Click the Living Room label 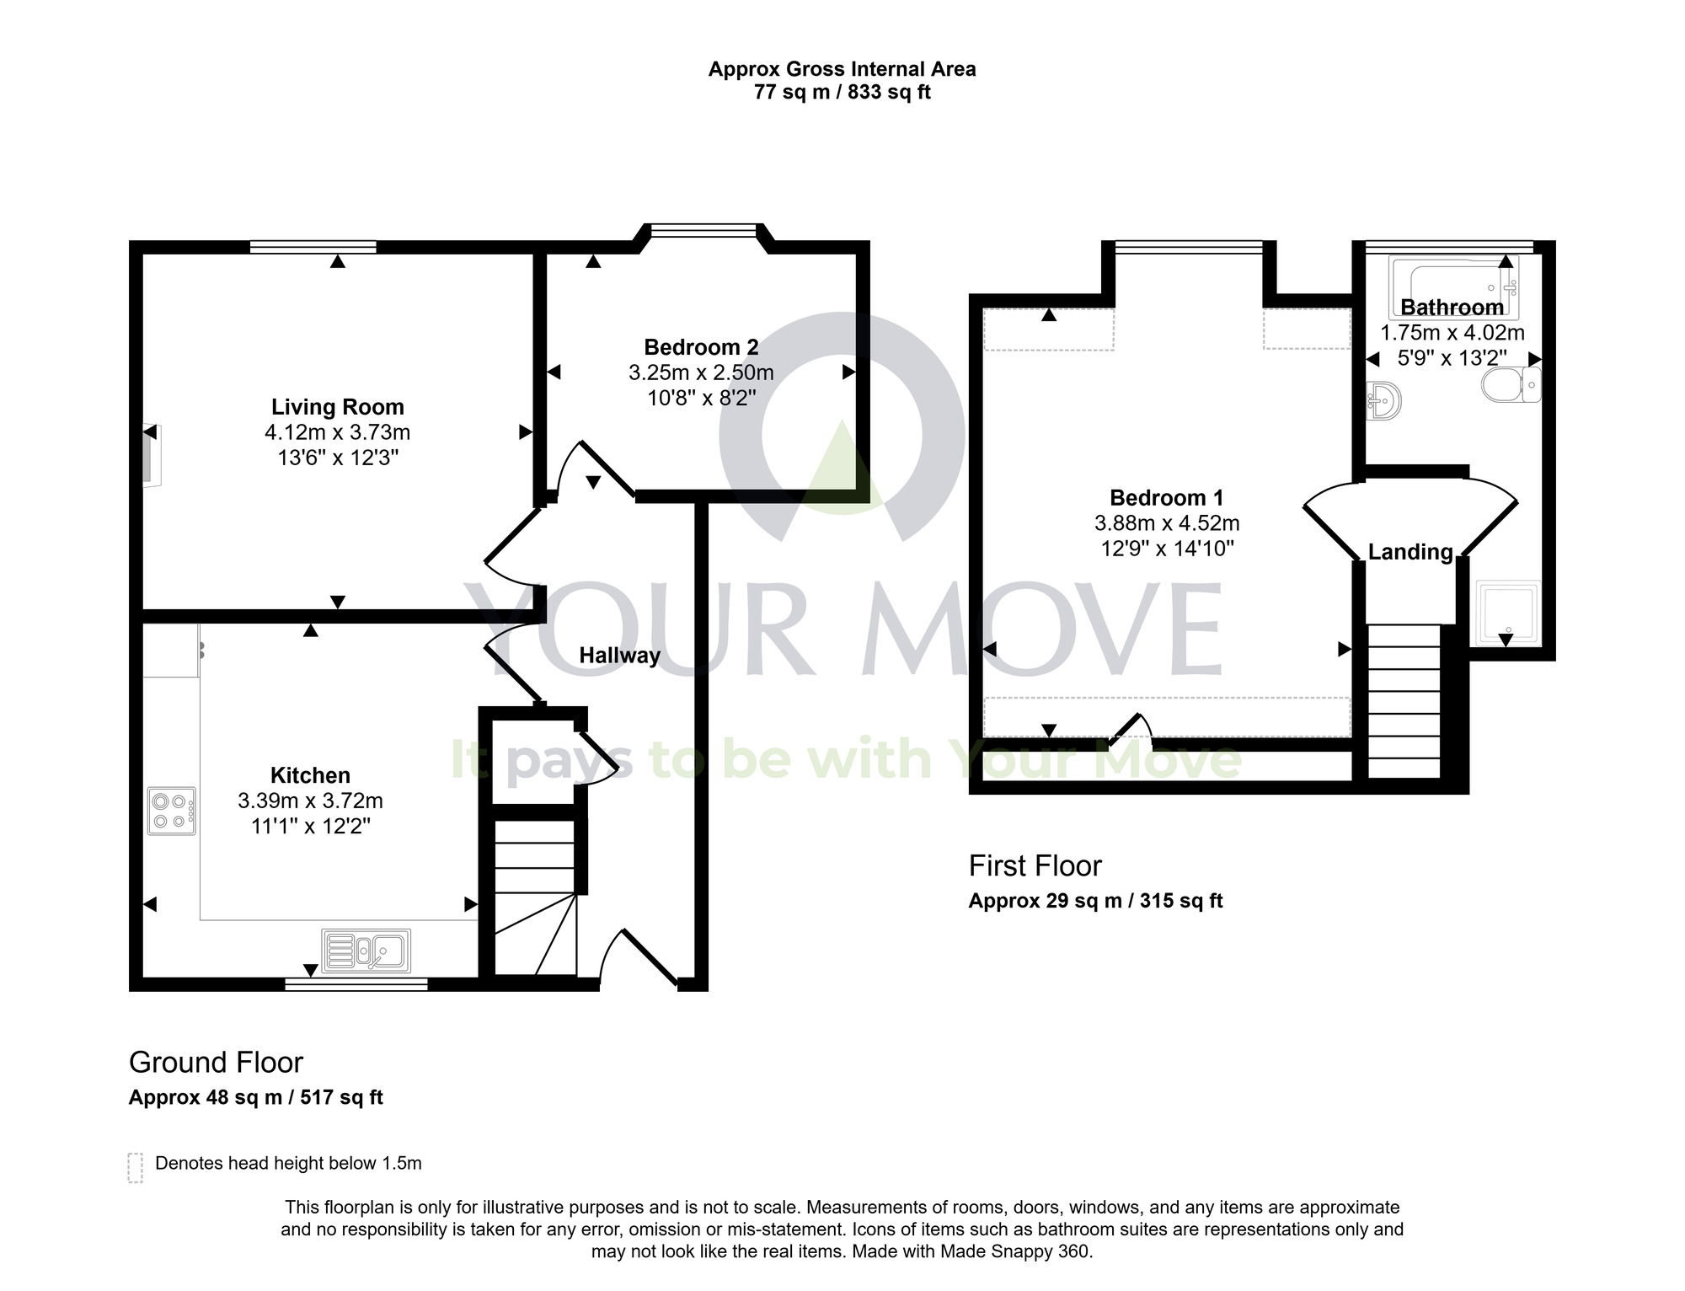337,407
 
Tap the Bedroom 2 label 701,347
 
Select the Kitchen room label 310,775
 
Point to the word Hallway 619,656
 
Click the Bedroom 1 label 1166,498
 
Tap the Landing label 1410,552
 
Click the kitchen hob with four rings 172,811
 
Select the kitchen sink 366,951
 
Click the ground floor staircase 534,897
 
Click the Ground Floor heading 216,1063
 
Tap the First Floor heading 1035,866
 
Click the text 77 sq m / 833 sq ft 842,92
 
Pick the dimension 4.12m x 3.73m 337,432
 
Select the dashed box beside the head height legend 135,1167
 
